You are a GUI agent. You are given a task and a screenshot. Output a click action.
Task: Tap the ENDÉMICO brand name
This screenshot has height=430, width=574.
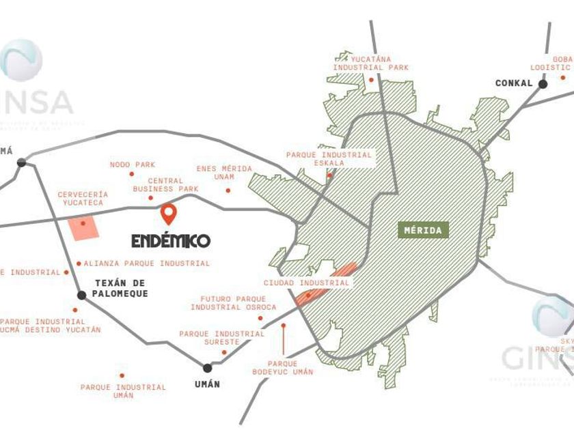point(171,241)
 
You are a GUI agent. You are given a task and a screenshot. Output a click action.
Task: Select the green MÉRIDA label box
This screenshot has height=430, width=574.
point(424,230)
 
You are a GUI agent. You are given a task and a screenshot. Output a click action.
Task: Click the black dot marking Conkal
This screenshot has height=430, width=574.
point(543,84)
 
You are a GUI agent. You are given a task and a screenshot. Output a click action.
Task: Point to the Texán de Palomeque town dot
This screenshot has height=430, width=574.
point(82,295)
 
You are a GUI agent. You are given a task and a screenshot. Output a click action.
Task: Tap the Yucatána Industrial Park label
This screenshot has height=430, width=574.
point(371,63)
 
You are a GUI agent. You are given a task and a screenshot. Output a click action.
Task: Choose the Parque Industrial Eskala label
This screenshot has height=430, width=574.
point(329,159)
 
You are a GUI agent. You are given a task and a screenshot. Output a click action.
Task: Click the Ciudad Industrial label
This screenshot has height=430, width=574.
point(307,283)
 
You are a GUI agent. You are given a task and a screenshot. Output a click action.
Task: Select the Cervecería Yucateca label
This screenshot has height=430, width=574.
point(83,199)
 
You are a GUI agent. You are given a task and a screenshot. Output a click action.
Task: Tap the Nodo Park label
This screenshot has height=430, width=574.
point(133,164)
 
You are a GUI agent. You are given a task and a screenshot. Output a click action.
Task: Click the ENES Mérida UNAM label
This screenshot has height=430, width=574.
point(224,173)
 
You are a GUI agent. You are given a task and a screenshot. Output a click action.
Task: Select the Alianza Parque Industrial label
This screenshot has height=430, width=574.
point(147,263)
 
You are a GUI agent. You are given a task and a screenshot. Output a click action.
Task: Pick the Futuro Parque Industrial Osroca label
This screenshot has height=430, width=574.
point(234,303)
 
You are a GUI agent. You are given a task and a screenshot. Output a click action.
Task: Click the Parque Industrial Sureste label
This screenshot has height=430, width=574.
point(221,338)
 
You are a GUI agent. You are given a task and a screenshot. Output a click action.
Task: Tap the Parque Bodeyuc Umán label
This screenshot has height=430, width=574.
point(282,368)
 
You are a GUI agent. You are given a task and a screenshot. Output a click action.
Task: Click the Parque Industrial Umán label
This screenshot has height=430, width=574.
point(123,391)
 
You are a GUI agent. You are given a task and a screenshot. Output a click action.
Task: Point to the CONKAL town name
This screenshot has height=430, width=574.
point(514,83)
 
